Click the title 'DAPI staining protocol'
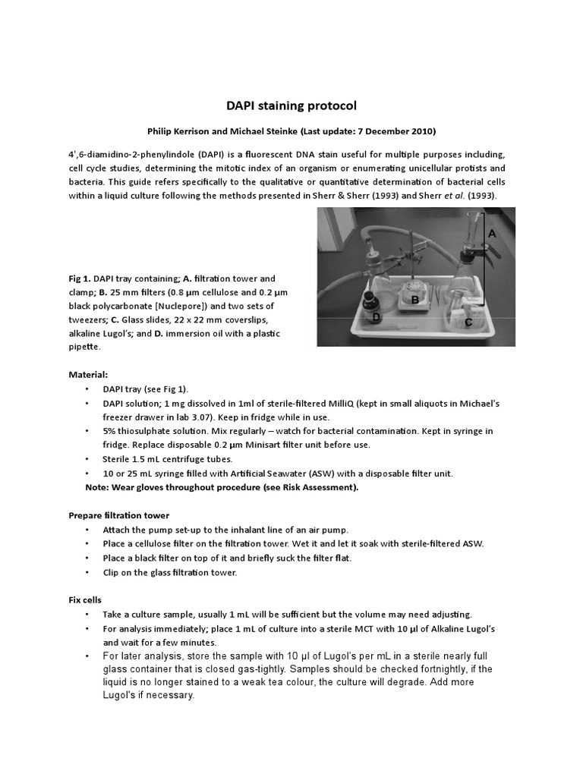coord(291,105)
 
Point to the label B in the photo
coord(415,300)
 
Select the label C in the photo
coord(470,322)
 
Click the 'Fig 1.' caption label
coord(80,278)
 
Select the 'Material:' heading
coord(89,374)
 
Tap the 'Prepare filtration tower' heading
coord(119,516)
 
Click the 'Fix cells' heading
coord(84,600)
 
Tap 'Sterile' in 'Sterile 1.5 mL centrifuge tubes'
coord(118,459)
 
